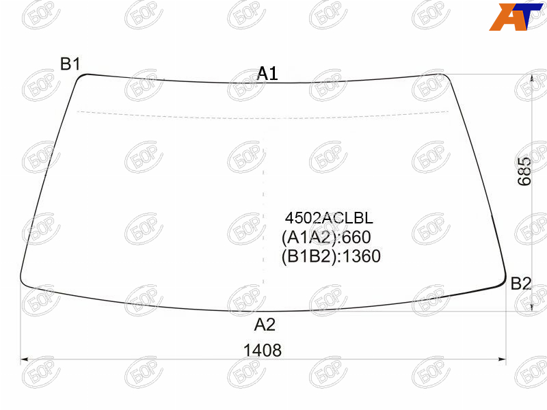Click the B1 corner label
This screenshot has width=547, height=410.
(x=70, y=64)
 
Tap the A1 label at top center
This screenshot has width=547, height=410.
(x=267, y=74)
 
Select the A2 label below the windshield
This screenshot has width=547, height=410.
(x=265, y=325)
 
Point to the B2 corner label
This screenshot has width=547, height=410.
(x=521, y=283)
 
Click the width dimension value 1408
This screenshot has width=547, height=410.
(x=263, y=351)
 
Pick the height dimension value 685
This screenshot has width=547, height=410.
(x=524, y=172)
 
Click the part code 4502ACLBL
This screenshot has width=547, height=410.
(x=329, y=218)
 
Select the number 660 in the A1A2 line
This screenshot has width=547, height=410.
(x=356, y=237)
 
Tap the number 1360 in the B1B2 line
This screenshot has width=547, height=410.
(x=361, y=256)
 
